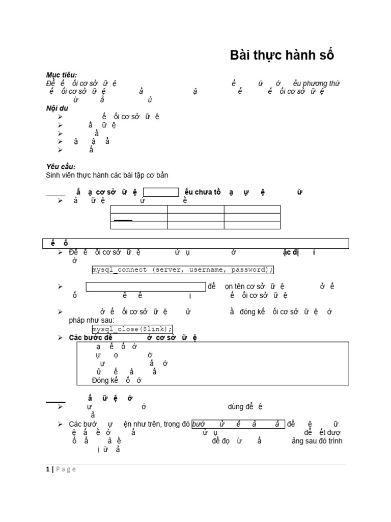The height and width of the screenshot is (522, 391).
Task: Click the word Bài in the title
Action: (x=242, y=56)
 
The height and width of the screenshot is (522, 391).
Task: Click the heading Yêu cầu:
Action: (x=61, y=167)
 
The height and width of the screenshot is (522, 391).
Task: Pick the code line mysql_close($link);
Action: (x=132, y=329)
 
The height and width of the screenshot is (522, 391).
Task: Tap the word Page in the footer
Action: (x=66, y=469)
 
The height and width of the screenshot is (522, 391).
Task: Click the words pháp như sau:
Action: (x=92, y=320)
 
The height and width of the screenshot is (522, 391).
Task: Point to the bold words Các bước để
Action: (x=91, y=337)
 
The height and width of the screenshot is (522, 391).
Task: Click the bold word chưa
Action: (x=202, y=192)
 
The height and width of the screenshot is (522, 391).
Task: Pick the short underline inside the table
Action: (x=123, y=220)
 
